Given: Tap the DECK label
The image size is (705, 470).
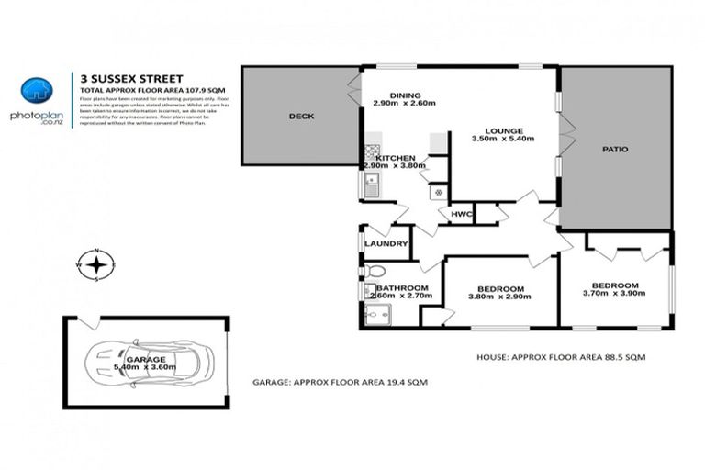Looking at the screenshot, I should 301,117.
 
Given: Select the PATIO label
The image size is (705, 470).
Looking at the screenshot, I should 614,148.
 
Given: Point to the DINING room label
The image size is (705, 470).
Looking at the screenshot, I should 404,95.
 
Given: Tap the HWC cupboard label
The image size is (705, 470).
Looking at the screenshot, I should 461,214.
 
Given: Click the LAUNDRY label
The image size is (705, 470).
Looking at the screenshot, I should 385,243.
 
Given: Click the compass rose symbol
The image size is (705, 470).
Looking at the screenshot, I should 98,265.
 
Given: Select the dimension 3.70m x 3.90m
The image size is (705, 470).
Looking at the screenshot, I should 614,294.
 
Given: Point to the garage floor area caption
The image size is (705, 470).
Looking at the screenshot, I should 340,381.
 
